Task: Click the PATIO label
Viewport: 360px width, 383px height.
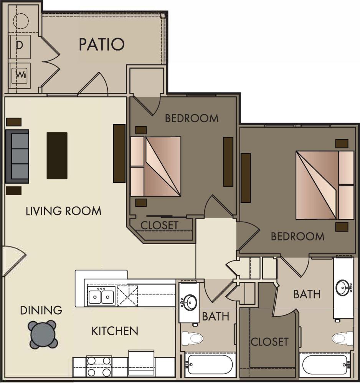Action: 102,44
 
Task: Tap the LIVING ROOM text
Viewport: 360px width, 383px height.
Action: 63,211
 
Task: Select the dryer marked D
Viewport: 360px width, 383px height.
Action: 20,45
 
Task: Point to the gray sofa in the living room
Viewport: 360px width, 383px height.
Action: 17,156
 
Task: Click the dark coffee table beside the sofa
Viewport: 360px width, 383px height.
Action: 57,155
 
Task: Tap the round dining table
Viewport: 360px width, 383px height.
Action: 42,334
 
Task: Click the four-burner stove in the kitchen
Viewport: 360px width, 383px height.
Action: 99,366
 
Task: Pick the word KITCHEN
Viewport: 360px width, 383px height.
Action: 115,331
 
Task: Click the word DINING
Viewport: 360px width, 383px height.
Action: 41,310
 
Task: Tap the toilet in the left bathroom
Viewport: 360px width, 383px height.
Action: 192,338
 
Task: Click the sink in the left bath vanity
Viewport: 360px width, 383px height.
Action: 188,301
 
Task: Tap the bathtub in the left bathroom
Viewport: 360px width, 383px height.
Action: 209,365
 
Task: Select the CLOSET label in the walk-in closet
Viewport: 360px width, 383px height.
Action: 269,341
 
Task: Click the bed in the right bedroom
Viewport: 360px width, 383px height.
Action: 325,185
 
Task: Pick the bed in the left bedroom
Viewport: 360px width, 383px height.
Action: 155,166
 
